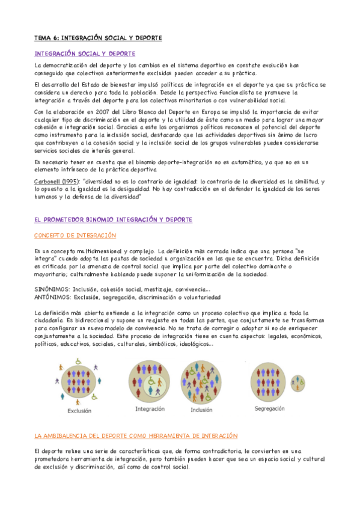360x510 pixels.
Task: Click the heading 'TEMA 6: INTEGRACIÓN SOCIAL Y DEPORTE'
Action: tap(98, 38)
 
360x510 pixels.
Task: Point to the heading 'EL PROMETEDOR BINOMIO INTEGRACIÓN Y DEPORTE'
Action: tap(113, 220)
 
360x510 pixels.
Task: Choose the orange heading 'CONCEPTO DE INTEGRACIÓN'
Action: tap(75, 235)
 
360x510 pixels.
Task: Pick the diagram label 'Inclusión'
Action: tap(201, 410)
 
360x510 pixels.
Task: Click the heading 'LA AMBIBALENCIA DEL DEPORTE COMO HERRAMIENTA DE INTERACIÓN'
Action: tap(136, 435)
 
